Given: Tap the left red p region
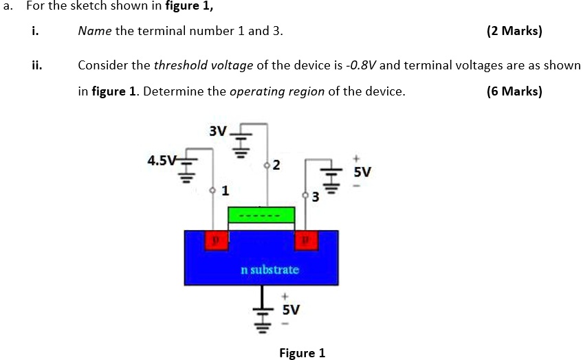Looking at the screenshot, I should click(x=217, y=240).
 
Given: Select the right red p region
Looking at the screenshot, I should click(x=306, y=240).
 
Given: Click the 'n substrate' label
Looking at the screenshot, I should click(x=269, y=269).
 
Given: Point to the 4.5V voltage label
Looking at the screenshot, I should click(x=162, y=161).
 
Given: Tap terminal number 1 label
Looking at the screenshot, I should click(x=225, y=190).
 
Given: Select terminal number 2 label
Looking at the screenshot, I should click(x=276, y=165).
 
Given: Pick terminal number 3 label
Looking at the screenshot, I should click(x=316, y=199).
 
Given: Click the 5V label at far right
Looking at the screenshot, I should click(x=362, y=172).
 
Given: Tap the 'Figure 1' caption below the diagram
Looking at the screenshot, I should click(x=302, y=353).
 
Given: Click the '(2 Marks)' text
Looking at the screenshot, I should click(x=514, y=31).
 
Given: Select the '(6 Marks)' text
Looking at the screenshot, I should click(x=514, y=91).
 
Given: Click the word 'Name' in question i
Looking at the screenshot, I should click(x=93, y=31).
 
